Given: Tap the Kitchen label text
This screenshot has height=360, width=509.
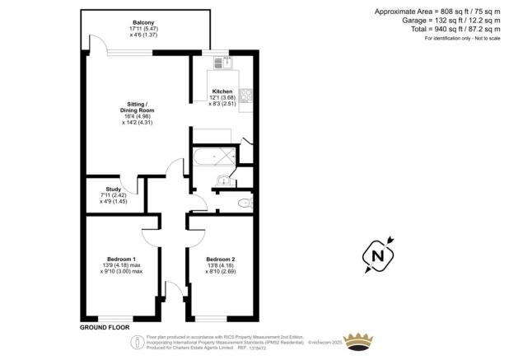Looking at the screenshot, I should coord(222,91).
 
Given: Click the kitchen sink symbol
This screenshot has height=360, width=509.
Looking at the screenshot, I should coord(222,63).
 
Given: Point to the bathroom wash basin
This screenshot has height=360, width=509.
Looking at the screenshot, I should coord(223,181).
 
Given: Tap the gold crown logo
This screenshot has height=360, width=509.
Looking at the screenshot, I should coord(358,340).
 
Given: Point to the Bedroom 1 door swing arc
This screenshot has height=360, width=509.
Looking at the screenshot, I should coord(154,236).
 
